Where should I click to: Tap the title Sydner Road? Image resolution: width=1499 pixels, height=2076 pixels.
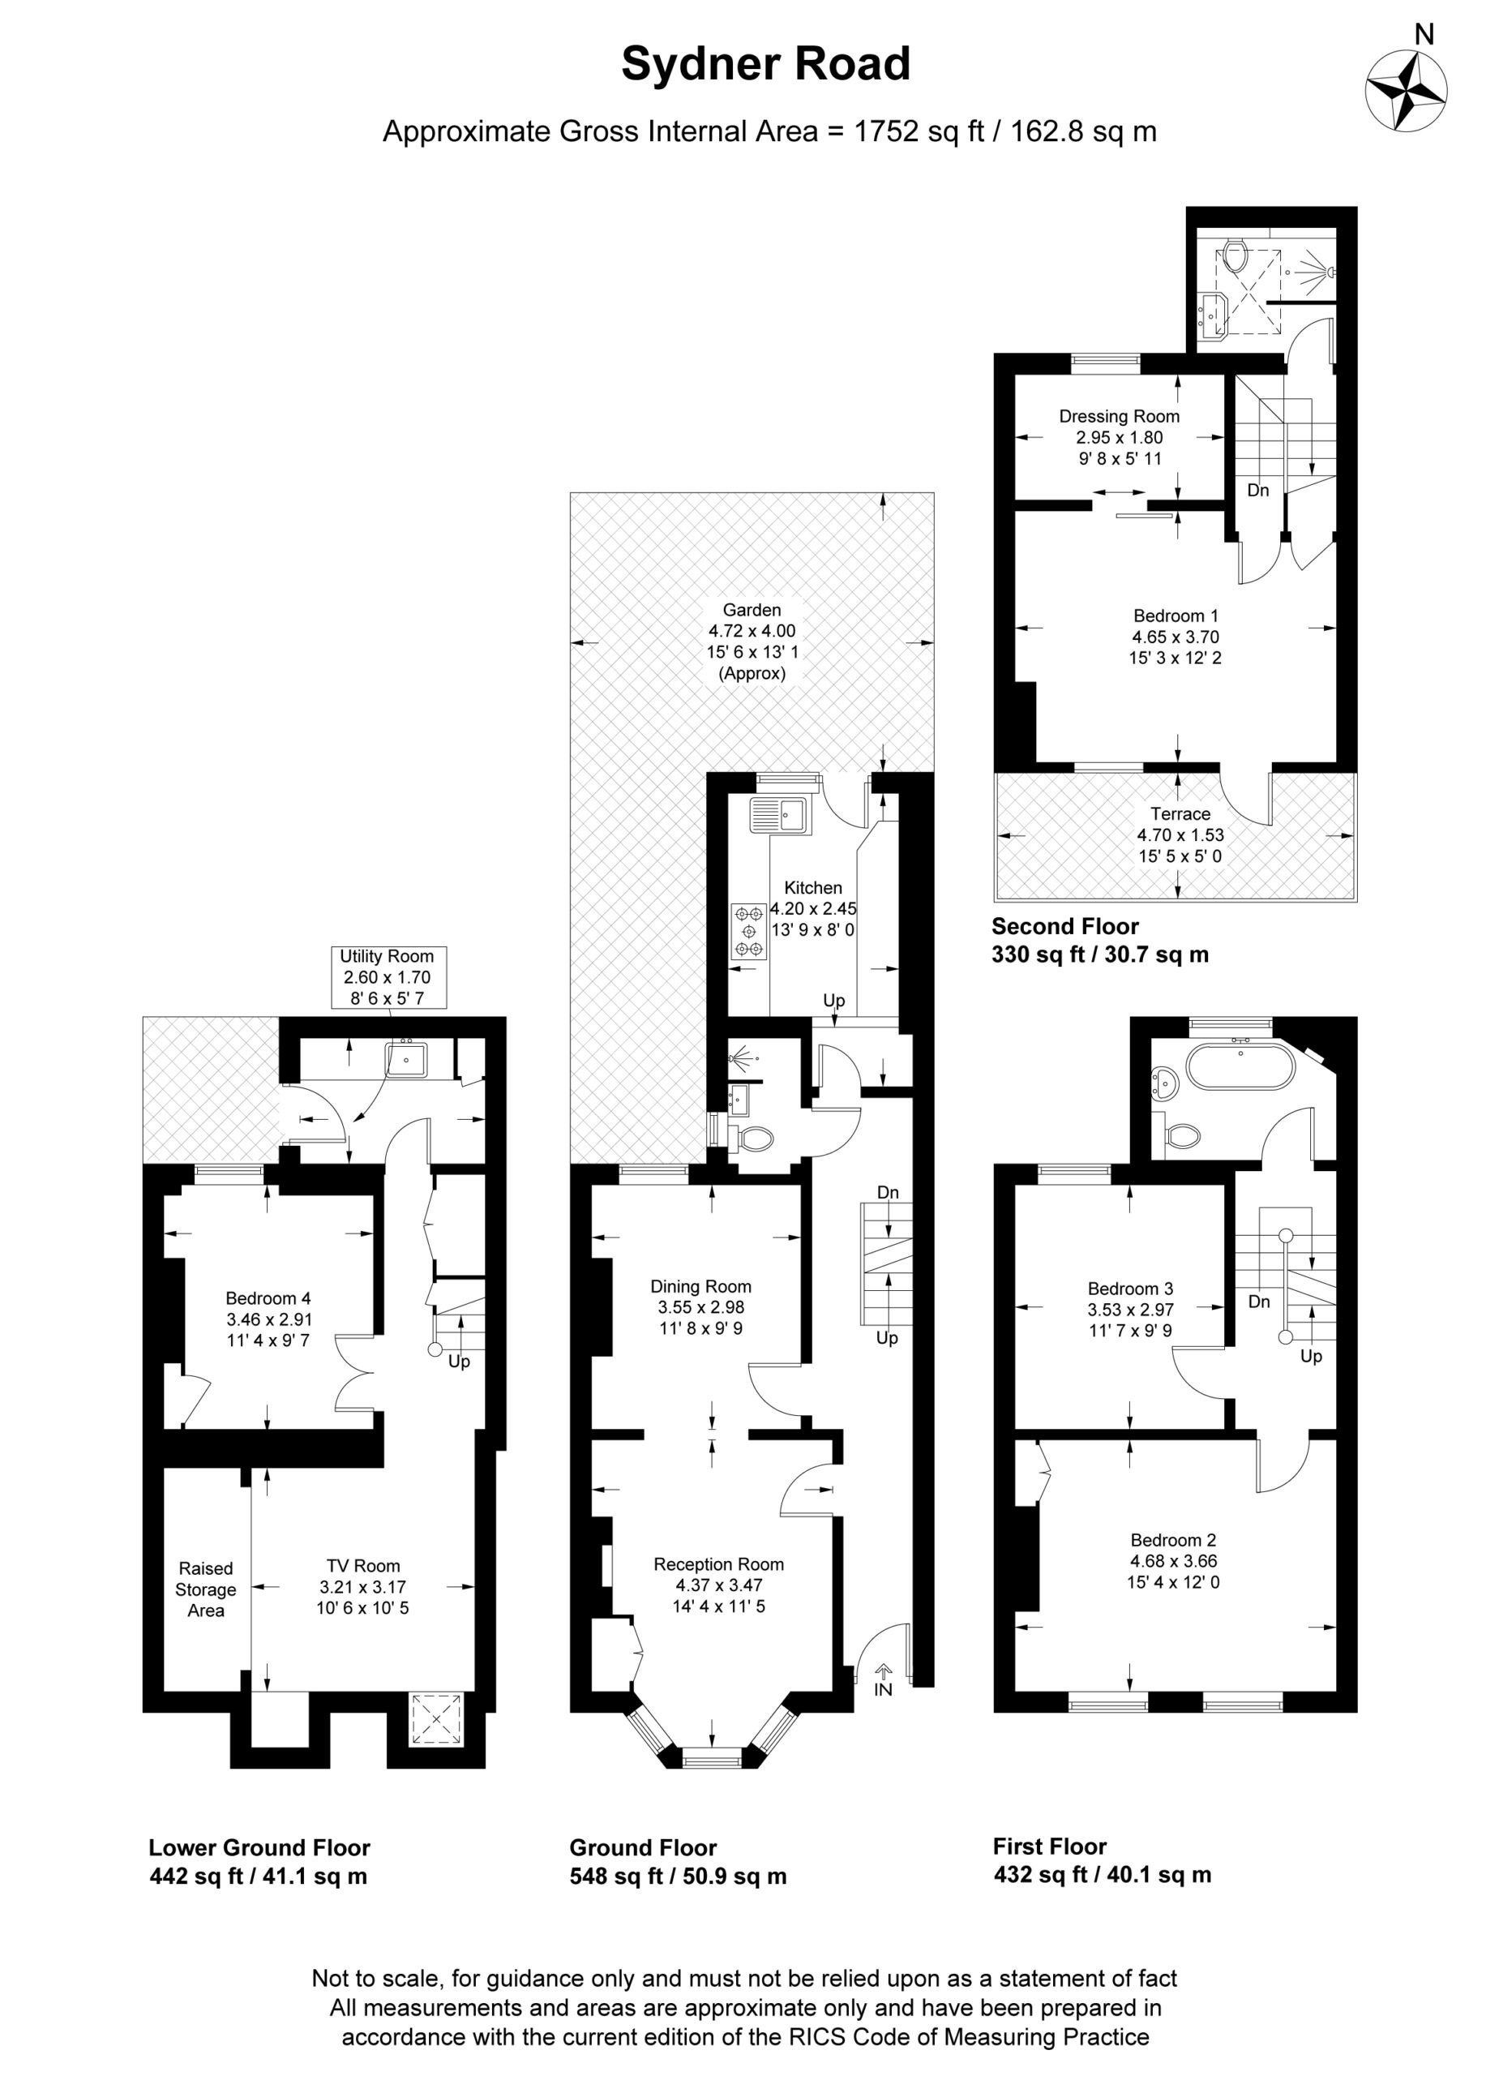point(766,64)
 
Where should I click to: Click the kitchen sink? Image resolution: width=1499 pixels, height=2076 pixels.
point(777,816)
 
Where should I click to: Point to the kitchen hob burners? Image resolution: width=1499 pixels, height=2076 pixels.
point(749,931)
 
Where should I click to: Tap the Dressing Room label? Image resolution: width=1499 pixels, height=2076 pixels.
point(1120,417)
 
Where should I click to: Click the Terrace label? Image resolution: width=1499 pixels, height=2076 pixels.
point(1180,813)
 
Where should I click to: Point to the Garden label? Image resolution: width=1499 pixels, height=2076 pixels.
point(752,610)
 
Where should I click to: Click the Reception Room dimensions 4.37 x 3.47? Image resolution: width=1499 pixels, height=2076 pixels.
point(718,1585)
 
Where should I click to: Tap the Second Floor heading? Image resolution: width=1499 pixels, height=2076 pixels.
point(1065,925)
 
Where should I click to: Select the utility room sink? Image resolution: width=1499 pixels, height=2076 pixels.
point(406,1059)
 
